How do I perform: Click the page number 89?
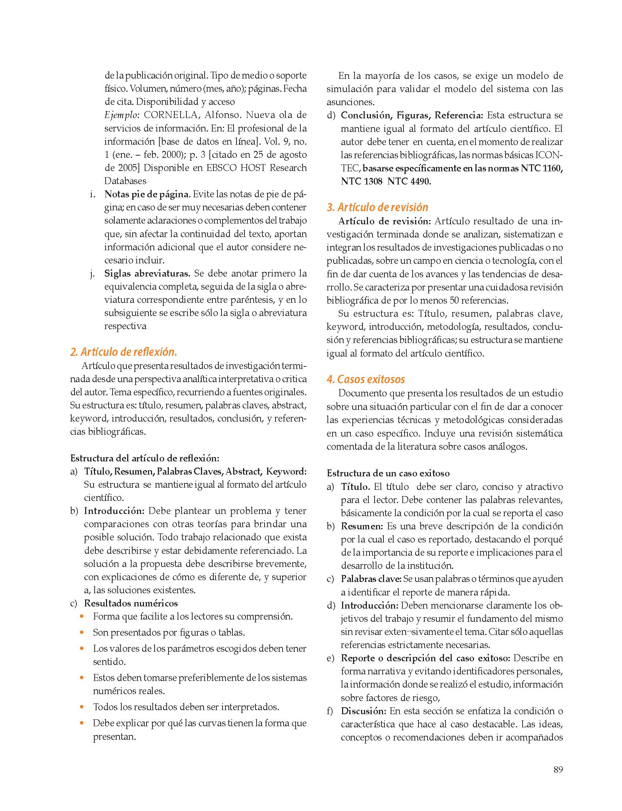[x=558, y=770]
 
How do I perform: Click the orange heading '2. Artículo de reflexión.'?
[x=123, y=352]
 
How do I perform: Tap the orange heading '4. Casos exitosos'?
[x=365, y=379]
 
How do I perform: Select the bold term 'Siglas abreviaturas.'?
[x=147, y=273]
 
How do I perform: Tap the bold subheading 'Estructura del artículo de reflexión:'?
[x=145, y=458]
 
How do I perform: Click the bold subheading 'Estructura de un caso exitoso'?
[x=388, y=473]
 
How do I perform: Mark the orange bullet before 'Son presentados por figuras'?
[x=82, y=632]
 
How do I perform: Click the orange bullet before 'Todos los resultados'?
[x=82, y=707]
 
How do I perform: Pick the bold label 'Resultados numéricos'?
[x=131, y=603]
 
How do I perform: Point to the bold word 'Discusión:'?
[x=364, y=711]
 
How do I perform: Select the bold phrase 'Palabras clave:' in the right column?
[x=371, y=579]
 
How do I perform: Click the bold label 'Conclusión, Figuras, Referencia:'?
[x=412, y=115]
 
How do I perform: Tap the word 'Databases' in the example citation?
[x=125, y=181]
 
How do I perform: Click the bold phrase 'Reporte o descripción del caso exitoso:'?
[x=425, y=658]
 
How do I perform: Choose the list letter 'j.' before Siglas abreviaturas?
[x=92, y=274]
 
